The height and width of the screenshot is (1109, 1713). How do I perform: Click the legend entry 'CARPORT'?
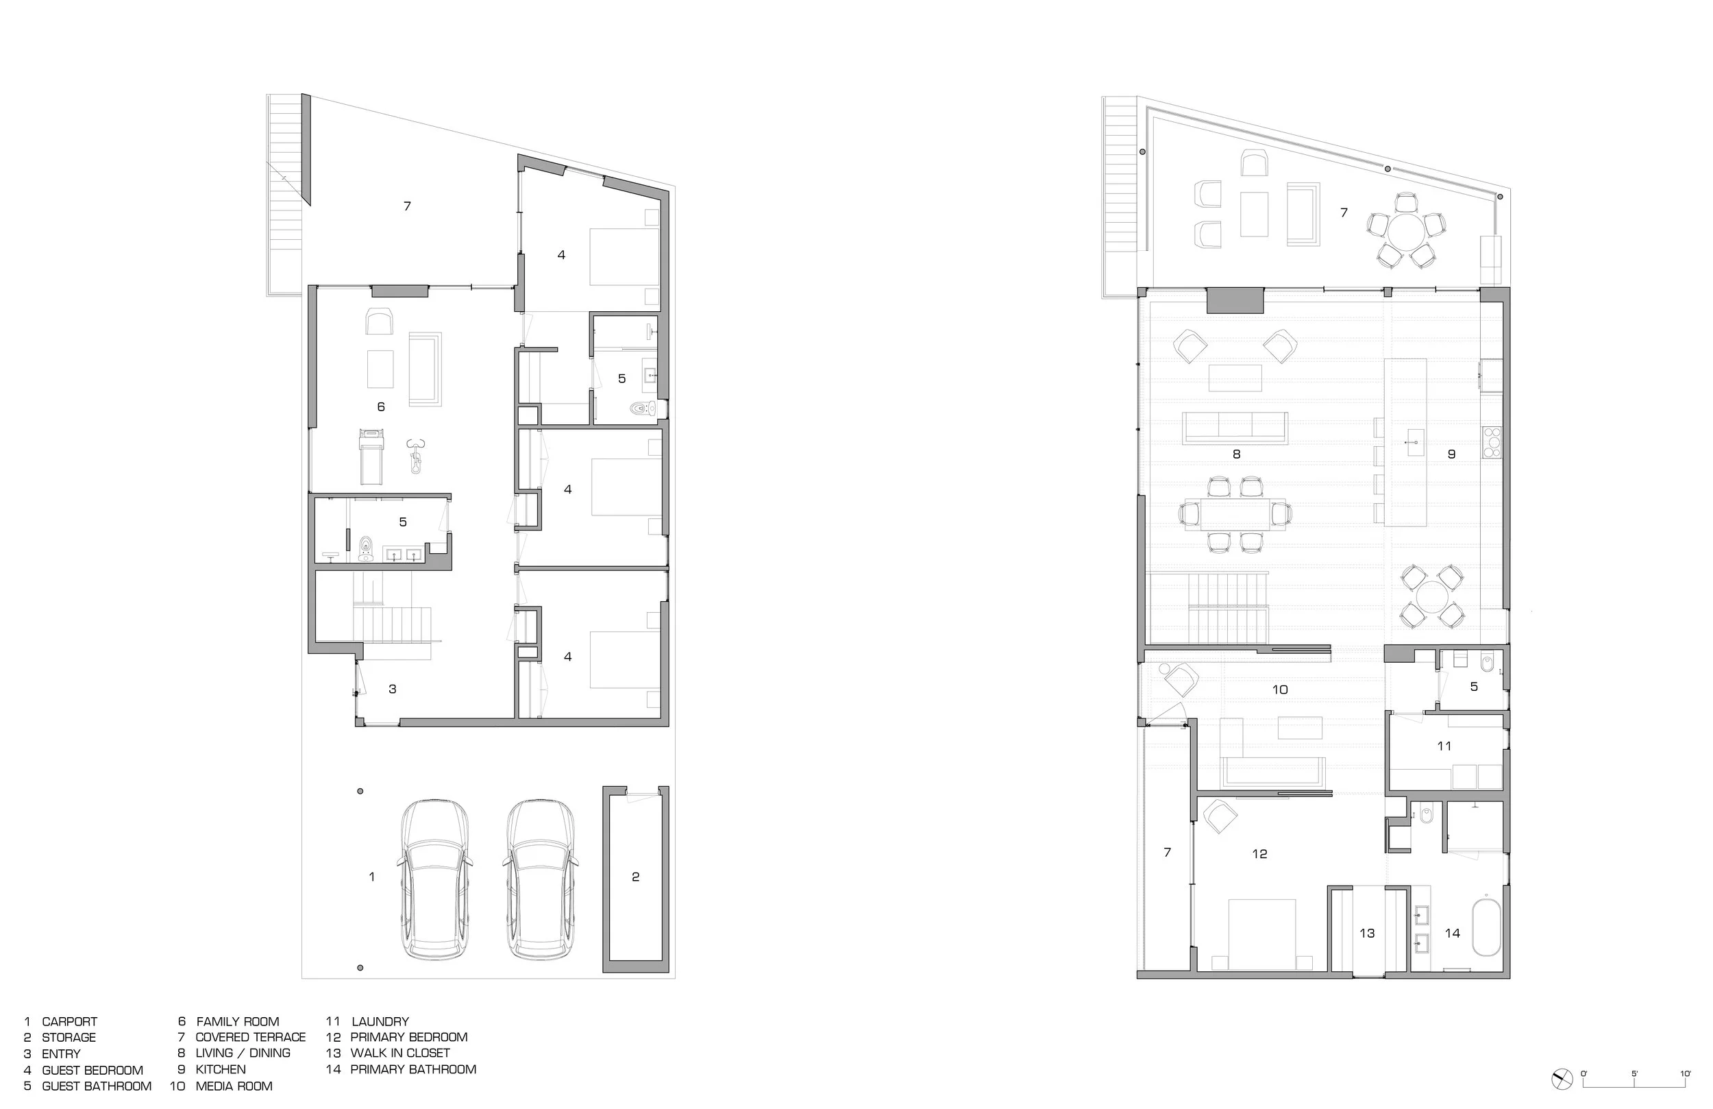pos(69,1021)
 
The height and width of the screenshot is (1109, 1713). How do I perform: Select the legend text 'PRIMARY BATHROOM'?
pos(413,1069)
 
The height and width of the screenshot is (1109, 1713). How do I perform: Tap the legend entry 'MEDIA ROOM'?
pos(234,1086)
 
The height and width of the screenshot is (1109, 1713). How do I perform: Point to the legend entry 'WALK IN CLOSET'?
pos(400,1053)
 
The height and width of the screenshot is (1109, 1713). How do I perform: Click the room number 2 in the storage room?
pos(636,877)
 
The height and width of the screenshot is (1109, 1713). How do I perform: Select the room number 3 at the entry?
pos(392,689)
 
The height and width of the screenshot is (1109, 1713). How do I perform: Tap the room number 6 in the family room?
pos(381,407)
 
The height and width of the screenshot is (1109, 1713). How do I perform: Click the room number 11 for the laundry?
pos(1444,746)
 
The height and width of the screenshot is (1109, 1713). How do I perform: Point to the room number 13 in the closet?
pos(1367,934)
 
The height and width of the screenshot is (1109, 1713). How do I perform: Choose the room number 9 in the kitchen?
pos(1452,454)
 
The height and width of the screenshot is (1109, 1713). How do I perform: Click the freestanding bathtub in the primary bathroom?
pos(1487,927)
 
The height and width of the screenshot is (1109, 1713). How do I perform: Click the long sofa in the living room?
pos(1236,428)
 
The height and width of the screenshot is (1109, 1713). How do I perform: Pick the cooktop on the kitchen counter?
pos(1491,443)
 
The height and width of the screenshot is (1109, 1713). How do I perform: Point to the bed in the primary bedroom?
pos(1262,934)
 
